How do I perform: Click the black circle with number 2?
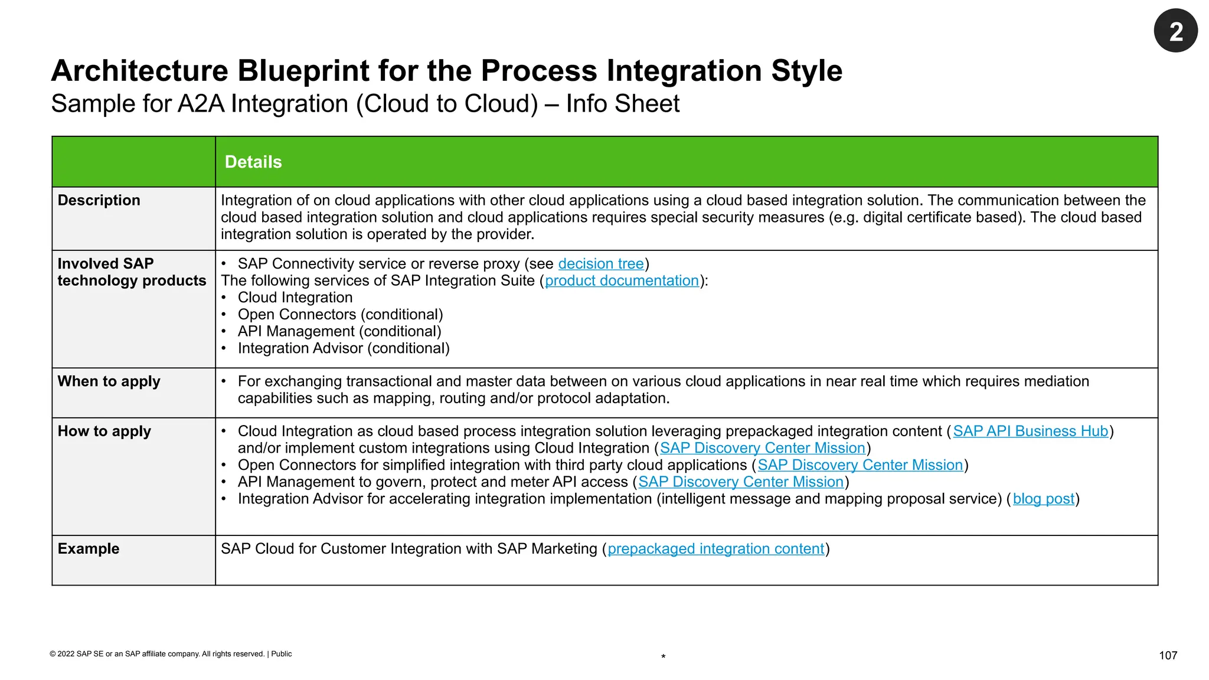pos(1175,31)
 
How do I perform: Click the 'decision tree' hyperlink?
pos(600,264)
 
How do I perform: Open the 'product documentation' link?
pos(622,281)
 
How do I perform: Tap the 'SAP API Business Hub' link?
pos(1030,431)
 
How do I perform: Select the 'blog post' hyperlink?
pos(1043,499)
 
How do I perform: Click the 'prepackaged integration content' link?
pos(715,549)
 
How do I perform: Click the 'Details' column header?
pos(253,162)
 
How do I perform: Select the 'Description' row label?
pos(99,201)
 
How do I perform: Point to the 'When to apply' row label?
pos(109,382)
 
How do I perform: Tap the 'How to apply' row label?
pos(104,431)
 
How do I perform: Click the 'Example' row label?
pos(89,549)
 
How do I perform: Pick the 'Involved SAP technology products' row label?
pos(131,272)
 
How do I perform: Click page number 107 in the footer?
pos(1168,655)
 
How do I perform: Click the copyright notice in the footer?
pos(171,654)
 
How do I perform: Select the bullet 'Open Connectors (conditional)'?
pos(340,315)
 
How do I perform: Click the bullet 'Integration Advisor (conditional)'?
pos(344,349)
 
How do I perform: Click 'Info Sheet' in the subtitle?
pos(623,104)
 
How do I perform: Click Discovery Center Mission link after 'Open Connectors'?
pos(860,465)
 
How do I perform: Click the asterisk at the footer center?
pos(664,657)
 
